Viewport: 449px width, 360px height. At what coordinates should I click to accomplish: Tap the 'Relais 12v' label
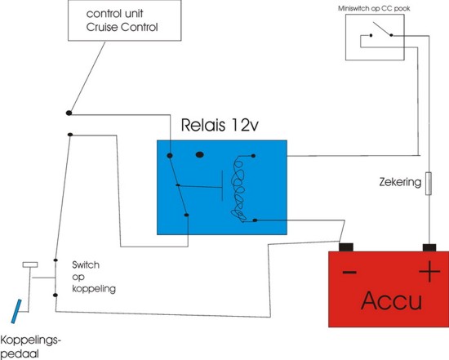[x=220, y=125]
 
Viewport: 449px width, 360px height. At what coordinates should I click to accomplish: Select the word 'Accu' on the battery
[x=391, y=300]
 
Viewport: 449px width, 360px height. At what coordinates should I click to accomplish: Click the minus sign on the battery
[x=349, y=272]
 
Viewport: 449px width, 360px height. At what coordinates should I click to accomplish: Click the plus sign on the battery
[x=429, y=271]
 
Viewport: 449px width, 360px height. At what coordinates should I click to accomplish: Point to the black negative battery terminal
[x=346, y=247]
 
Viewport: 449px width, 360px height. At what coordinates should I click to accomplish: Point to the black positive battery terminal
[x=429, y=247]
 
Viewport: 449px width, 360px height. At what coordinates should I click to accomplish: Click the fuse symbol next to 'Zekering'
[x=429, y=184]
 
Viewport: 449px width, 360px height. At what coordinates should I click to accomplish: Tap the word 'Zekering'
[x=400, y=182]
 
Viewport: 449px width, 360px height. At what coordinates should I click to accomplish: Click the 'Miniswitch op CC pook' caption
[x=374, y=9]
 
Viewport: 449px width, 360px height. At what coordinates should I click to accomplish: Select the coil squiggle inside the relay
[x=239, y=189]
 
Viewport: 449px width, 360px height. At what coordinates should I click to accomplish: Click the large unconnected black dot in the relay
[x=199, y=155]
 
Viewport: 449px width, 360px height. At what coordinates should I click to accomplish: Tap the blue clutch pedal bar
[x=16, y=312]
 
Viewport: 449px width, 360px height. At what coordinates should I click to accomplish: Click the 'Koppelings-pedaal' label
[x=31, y=347]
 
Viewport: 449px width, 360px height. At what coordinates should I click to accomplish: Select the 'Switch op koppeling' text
[x=94, y=277]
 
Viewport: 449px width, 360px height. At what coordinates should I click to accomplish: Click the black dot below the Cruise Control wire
[x=70, y=135]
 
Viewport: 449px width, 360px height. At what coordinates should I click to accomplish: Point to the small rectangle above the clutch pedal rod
[x=30, y=264]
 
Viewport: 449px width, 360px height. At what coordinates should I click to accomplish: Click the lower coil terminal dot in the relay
[x=255, y=220]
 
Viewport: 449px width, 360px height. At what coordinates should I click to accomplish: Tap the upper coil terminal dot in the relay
[x=253, y=156]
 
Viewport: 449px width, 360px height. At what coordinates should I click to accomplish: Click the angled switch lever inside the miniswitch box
[x=382, y=29]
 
